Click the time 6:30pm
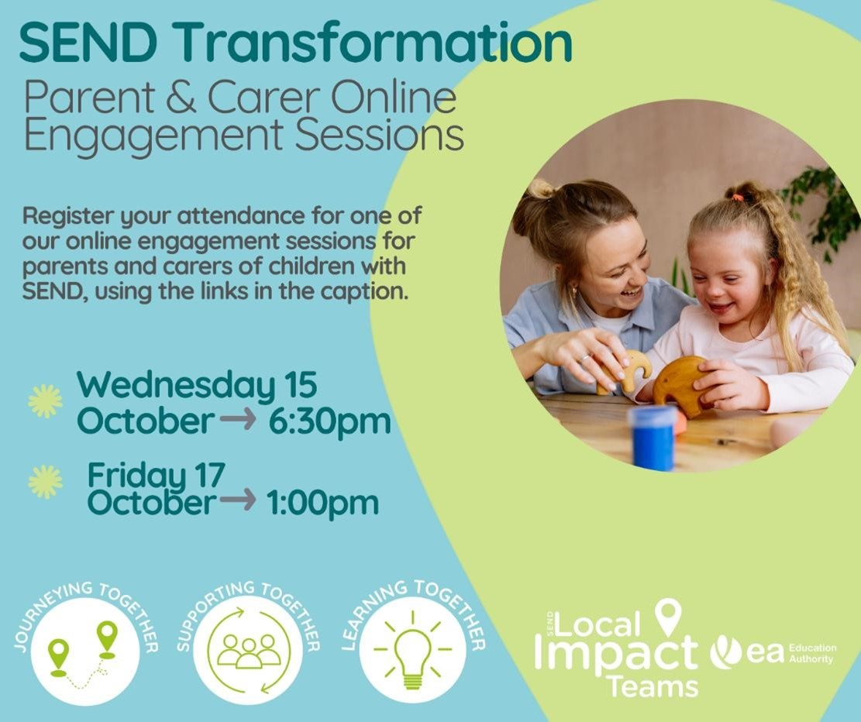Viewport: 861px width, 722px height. [x=329, y=421]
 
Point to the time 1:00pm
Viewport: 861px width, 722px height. [x=323, y=503]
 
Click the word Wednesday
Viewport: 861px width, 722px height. [x=175, y=386]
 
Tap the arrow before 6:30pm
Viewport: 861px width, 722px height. [x=238, y=420]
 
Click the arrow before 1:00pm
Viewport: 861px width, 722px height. [x=237, y=500]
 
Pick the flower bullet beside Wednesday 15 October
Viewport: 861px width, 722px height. [x=45, y=401]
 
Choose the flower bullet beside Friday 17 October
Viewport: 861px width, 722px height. [x=45, y=482]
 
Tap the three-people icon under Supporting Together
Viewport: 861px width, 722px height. [x=249, y=652]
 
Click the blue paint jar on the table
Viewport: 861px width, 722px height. [x=653, y=438]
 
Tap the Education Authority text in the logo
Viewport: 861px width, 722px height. [x=812, y=653]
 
